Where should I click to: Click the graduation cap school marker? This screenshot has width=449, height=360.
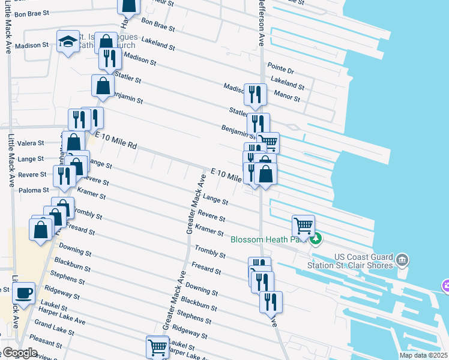(68, 42)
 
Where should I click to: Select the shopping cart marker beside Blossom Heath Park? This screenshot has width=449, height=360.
(304, 227)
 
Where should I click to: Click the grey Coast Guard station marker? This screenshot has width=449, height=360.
(402, 261)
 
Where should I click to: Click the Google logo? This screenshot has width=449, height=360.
(19, 353)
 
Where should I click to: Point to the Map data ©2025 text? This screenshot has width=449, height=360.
(424, 355)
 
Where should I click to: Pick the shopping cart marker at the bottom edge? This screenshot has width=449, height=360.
(157, 347)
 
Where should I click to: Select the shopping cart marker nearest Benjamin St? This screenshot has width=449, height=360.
(268, 143)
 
